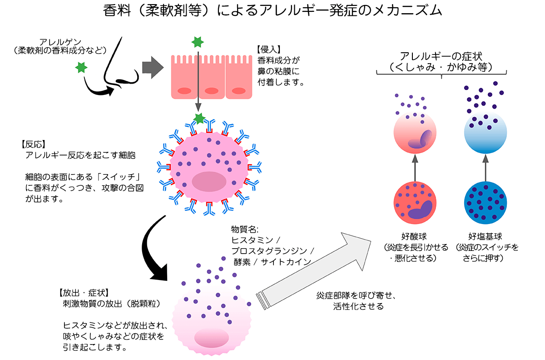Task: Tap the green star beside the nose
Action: pyautogui.click(x=81, y=68)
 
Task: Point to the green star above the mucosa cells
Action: pyautogui.click(x=197, y=42)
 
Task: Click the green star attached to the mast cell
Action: pyautogui.click(x=199, y=119)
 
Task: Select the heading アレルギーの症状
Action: pyautogui.click(x=441, y=57)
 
